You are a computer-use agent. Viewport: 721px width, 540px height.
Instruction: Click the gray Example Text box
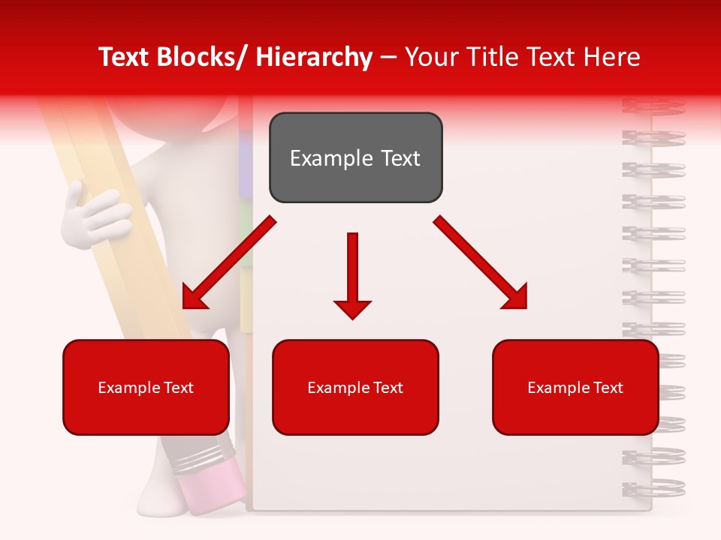pyautogui.click(x=356, y=157)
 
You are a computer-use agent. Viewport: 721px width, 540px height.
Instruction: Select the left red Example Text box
pyautogui.click(x=146, y=387)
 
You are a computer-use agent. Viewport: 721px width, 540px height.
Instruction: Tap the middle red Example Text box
pyautogui.click(x=355, y=387)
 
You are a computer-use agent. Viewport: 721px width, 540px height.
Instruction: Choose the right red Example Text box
pyautogui.click(x=575, y=387)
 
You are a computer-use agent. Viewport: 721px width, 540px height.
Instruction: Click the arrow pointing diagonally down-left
pyautogui.click(x=228, y=263)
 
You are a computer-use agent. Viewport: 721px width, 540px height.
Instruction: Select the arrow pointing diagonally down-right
pyautogui.click(x=481, y=262)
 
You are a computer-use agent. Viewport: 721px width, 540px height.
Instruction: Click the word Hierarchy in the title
pyautogui.click(x=314, y=57)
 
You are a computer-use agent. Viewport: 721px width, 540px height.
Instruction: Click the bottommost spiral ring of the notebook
pyautogui.click(x=653, y=488)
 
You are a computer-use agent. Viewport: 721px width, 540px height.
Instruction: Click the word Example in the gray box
pyautogui.click(x=325, y=158)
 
